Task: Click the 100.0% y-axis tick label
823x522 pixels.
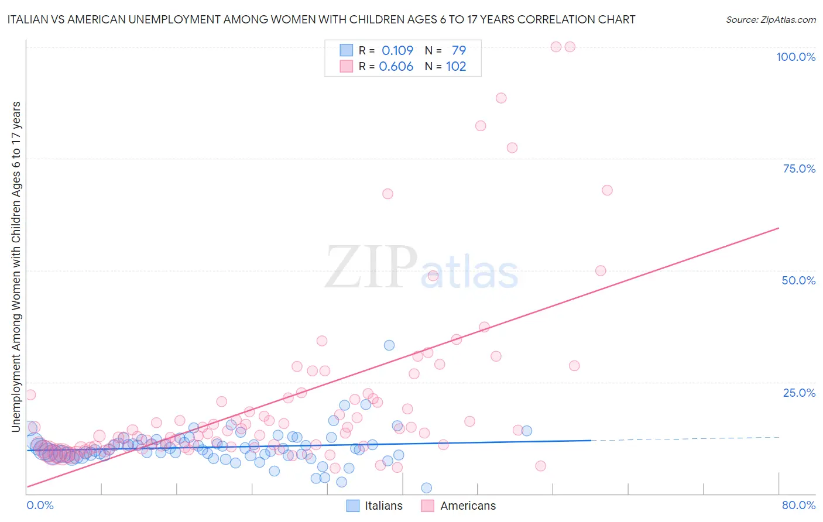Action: coord(795,57)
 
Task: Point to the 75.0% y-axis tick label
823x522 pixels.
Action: coord(799,169)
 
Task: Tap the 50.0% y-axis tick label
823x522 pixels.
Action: coord(798,280)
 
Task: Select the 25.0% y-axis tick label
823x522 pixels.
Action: coord(799,393)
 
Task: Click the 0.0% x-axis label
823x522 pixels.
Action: coord(40,505)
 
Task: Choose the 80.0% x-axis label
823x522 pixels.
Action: coord(798,505)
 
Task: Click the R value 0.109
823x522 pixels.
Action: coord(397,50)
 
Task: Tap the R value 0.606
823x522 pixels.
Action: coord(396,66)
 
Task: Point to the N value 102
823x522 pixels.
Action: coord(456,66)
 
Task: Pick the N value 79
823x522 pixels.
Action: coord(459,50)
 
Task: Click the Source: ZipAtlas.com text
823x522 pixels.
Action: coord(770,19)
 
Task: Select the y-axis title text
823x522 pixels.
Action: coord(16,266)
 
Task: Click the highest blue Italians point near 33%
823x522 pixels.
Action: coord(389,345)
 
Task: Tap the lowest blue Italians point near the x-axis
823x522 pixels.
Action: coord(427,488)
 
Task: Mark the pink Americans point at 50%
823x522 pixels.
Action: coord(601,270)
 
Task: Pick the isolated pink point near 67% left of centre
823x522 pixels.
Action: coord(388,194)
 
